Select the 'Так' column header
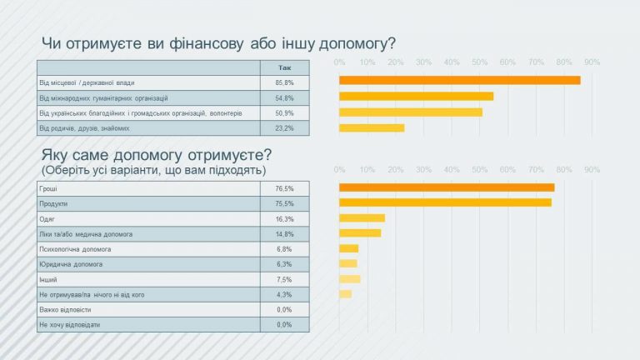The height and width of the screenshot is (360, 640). click(x=284, y=67)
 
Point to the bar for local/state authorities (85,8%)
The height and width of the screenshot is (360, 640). click(x=459, y=80)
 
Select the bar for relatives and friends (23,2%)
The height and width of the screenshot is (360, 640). click(x=372, y=128)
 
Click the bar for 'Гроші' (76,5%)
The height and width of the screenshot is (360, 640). click(x=447, y=187)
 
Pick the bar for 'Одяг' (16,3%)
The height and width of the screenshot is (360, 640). click(x=362, y=218)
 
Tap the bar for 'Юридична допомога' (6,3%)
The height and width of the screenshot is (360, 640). click(x=347, y=264)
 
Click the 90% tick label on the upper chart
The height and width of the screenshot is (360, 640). click(x=592, y=62)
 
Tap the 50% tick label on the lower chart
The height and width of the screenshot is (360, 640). click(x=479, y=169)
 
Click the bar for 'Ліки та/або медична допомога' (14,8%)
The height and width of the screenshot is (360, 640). click(x=360, y=233)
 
